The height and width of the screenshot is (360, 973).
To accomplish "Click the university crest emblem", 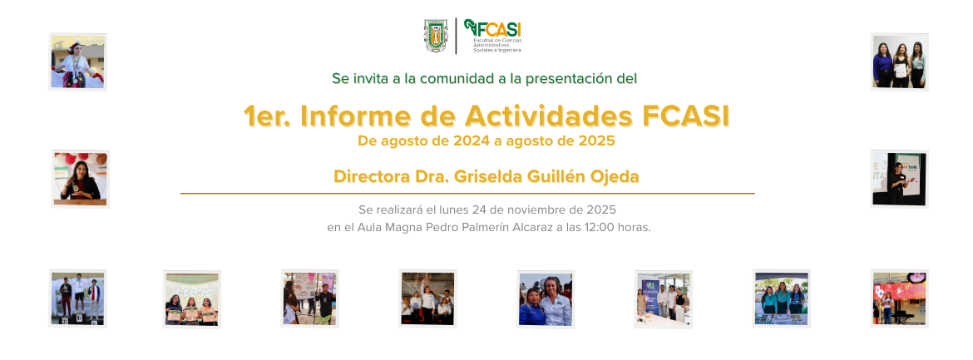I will pos(437,36).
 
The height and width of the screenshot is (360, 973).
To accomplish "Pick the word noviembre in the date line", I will pos(537,210).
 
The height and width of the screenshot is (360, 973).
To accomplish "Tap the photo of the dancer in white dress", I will pos(77,62).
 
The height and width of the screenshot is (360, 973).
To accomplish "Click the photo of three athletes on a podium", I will pos(77,298).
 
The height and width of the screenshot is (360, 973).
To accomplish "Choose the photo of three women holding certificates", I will pos(191,299).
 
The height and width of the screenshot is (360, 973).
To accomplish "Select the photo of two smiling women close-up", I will pos(546,299).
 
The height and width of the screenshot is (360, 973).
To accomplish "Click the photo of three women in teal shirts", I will pos(781,298).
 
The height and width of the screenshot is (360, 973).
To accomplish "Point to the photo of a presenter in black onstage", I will pos(899,178).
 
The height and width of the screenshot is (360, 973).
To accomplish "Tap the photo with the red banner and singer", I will pos(899,298).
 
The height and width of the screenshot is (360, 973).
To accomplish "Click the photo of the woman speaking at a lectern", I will pos(80,179).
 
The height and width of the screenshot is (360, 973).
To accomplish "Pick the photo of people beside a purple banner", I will pos(663,299).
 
